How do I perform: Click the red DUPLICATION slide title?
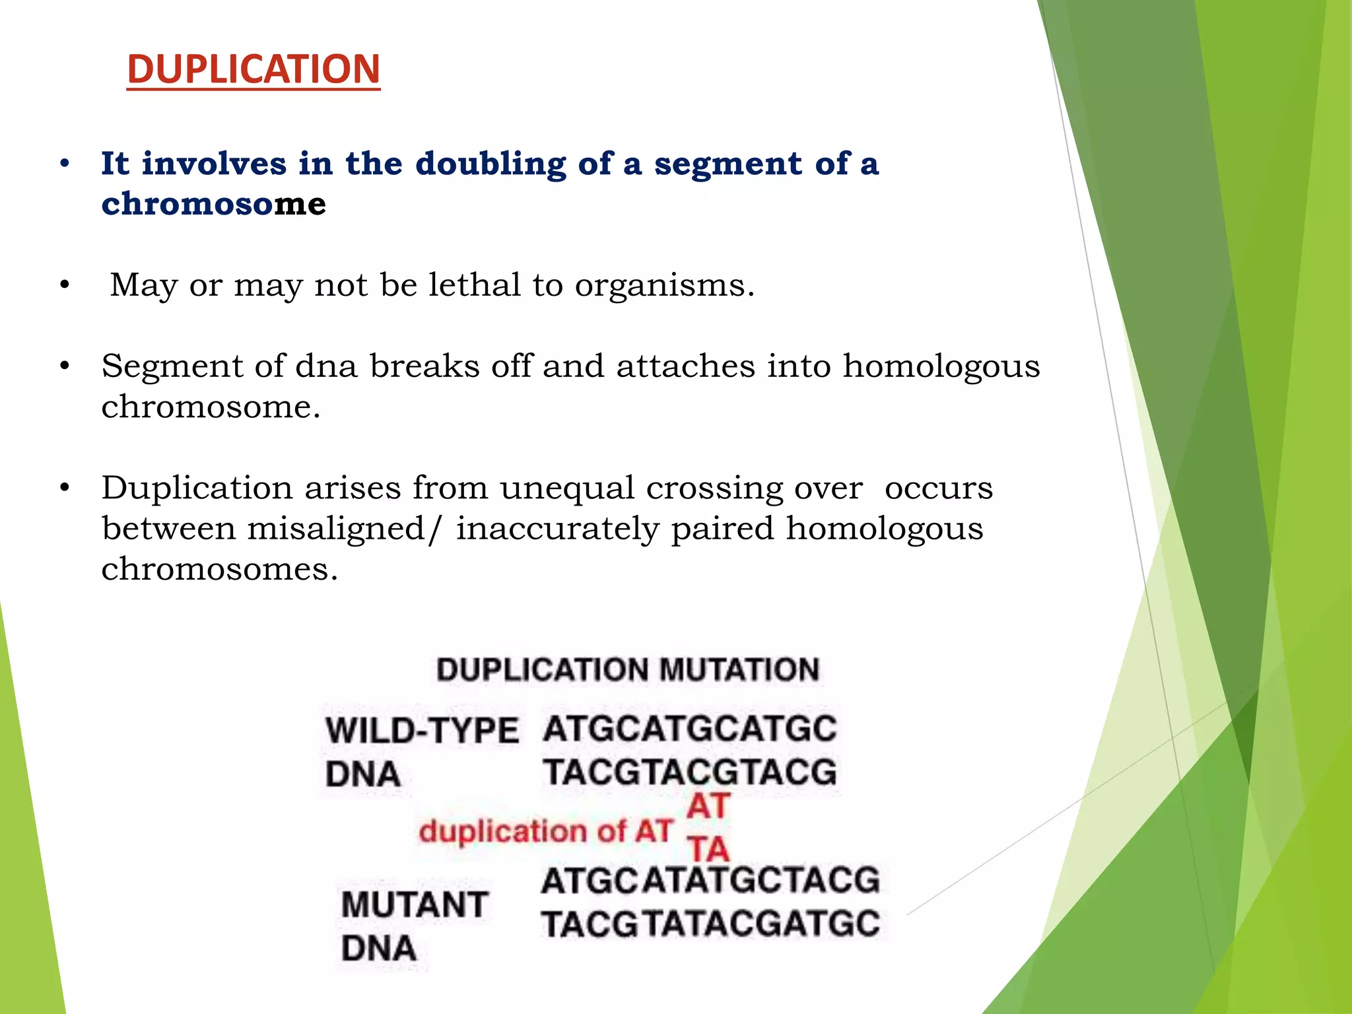tap(253, 69)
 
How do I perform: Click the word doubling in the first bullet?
tap(490, 163)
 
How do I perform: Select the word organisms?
tap(663, 286)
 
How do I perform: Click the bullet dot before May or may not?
tap(64, 285)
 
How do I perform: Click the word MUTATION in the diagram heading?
tap(739, 669)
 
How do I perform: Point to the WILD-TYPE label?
tap(422, 731)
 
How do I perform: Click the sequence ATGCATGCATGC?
tap(690, 729)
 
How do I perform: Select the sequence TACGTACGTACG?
tap(690, 772)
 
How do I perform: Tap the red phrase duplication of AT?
tap(545, 831)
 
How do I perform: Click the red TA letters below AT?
tap(708, 848)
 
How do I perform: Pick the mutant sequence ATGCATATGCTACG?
tap(710, 881)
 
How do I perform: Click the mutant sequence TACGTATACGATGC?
tap(710, 924)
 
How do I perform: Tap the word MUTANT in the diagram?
tap(415, 904)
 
